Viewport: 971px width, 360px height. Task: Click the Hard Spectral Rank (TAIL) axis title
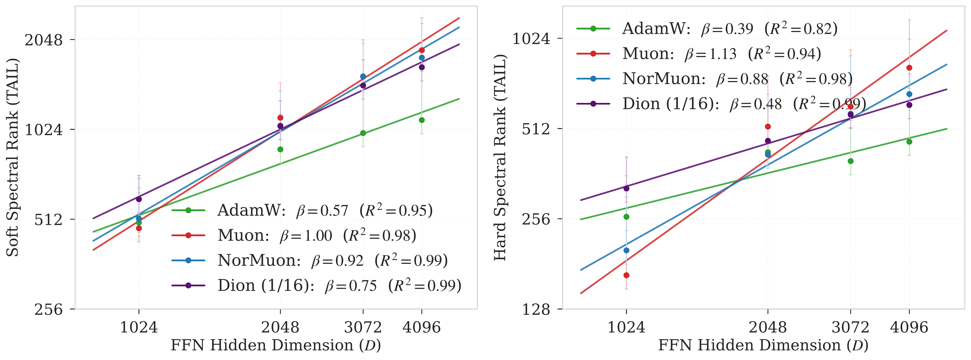500,157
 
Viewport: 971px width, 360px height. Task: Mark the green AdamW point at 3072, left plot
363,133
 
